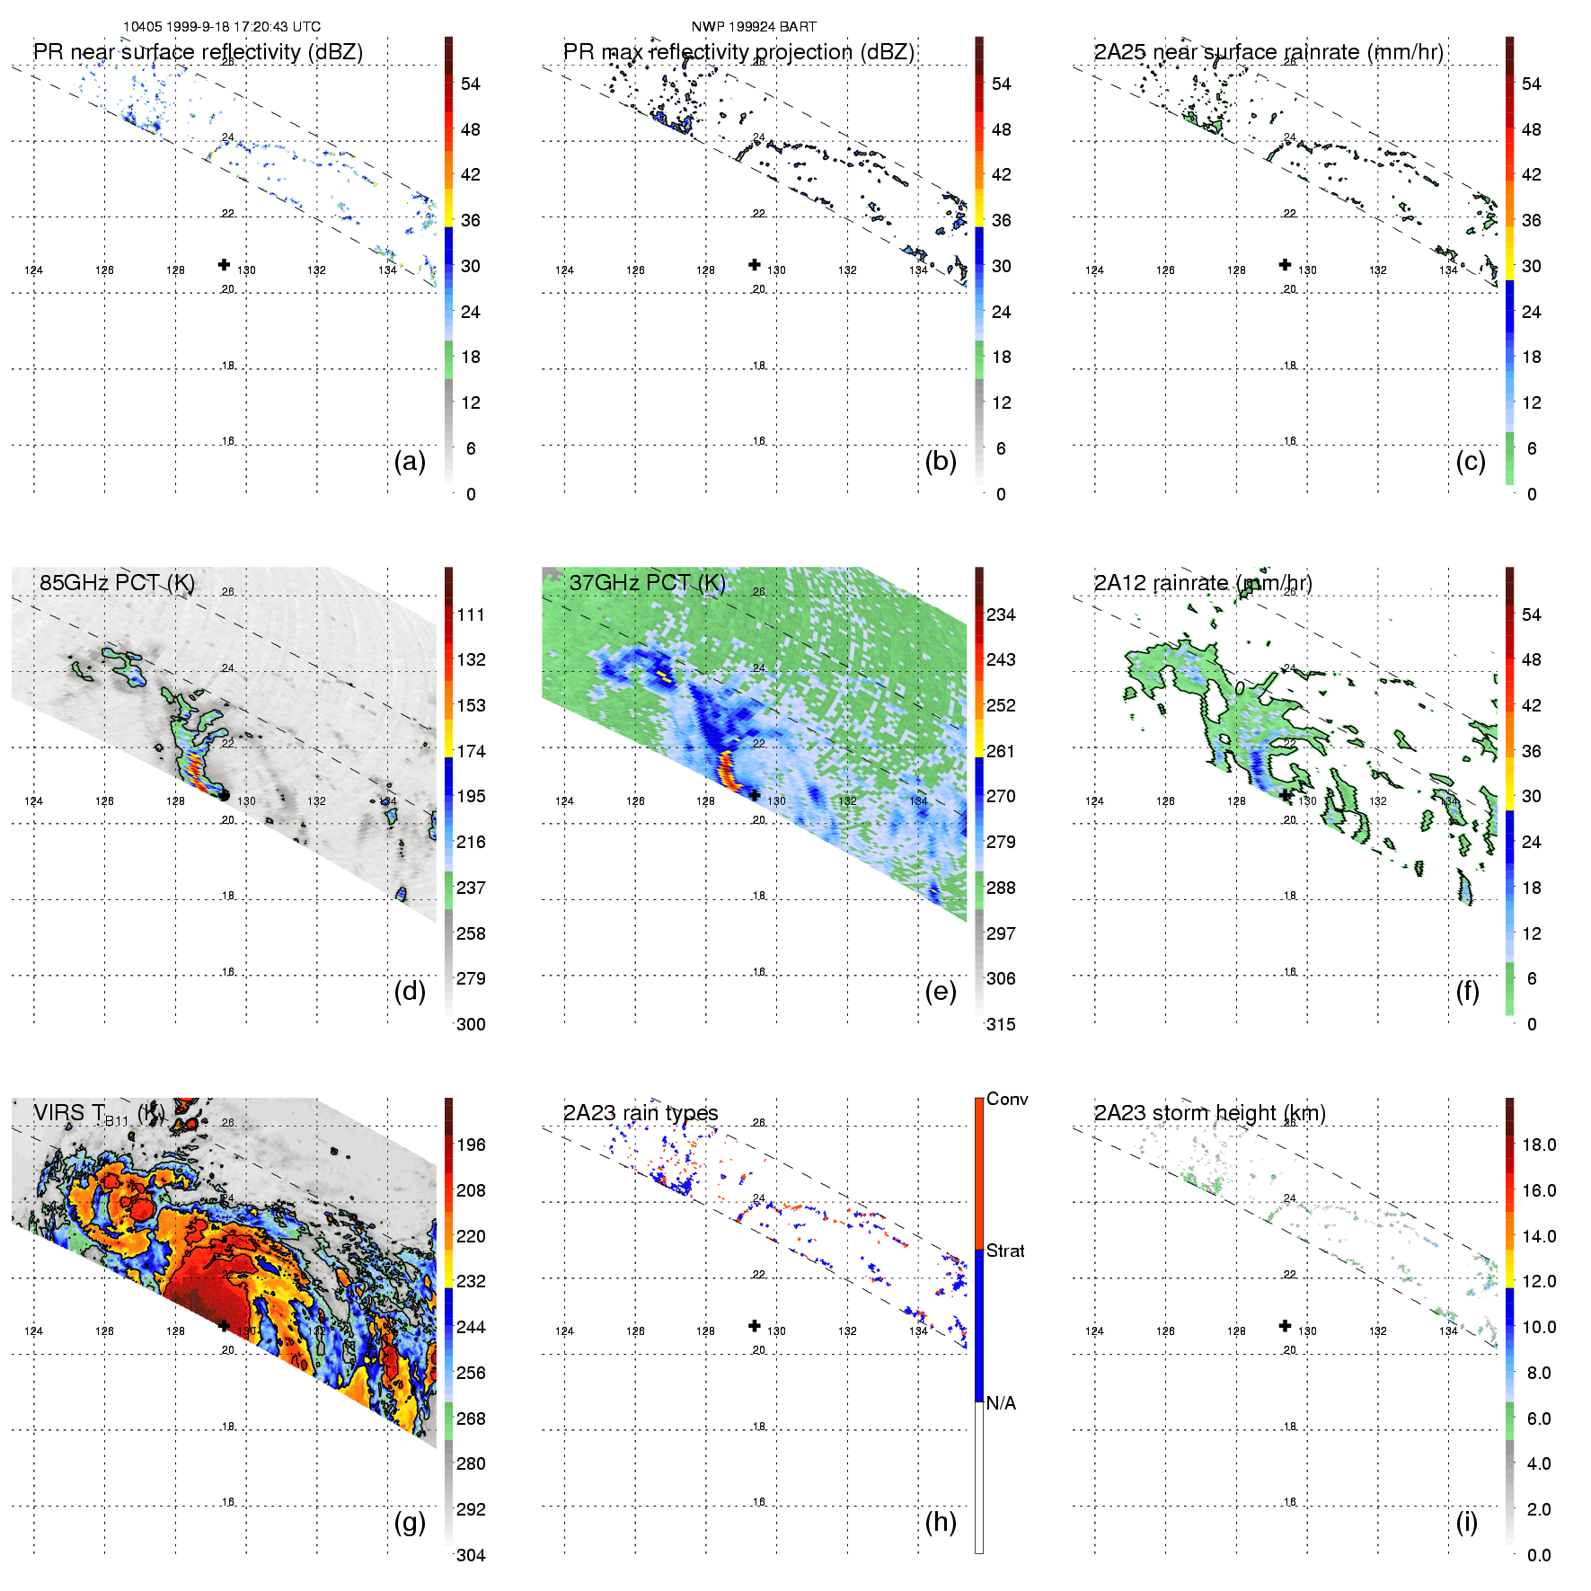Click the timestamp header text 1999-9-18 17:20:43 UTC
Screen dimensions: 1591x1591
coord(221,27)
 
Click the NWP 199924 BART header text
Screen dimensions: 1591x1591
coord(754,27)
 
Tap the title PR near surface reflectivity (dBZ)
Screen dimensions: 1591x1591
coord(198,52)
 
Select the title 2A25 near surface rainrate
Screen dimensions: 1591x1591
coord(1268,52)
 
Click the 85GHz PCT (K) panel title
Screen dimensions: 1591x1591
coord(117,583)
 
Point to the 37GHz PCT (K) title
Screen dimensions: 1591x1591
coord(647,583)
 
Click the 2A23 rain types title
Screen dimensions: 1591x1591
coord(641,1113)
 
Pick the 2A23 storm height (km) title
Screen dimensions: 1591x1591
coord(1209,1113)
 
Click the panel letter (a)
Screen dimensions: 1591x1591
coord(410,461)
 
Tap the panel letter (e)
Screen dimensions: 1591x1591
coord(941,991)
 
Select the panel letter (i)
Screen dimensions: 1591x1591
coord(1467,1522)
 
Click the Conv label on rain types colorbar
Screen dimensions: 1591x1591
coord(1007,1099)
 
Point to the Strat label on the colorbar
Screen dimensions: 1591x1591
coord(1005,1251)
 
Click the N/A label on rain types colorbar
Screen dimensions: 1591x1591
coord(1001,1403)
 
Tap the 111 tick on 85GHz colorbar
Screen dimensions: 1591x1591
coord(471,614)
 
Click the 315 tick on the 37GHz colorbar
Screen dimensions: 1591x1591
coord(1001,1024)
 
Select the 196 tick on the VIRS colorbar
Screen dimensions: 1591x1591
coord(471,1145)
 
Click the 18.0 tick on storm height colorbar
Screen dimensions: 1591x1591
coord(1539,1145)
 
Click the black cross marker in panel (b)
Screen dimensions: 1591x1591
coord(755,264)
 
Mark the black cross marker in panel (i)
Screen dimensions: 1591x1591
coord(1286,1325)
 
